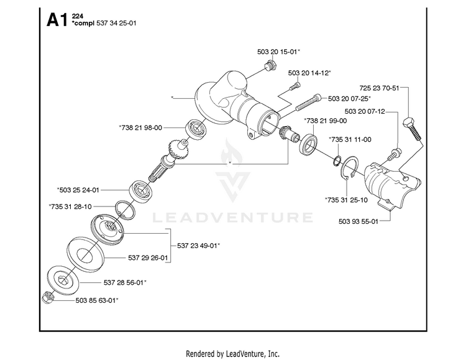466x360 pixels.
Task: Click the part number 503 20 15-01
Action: (x=278, y=52)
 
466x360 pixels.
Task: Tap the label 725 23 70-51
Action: (x=379, y=88)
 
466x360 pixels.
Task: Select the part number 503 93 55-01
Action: (x=359, y=221)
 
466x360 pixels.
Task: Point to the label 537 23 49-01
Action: (x=199, y=246)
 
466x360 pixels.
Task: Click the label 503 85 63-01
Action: (x=96, y=300)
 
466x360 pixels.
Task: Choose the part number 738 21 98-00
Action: (x=140, y=127)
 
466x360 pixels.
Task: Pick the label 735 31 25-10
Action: (x=346, y=200)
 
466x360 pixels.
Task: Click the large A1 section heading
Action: (x=57, y=21)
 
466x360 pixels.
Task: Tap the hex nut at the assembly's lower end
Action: (x=48, y=297)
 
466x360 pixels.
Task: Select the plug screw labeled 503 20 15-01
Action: (x=270, y=65)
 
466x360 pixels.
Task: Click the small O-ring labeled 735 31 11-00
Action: (x=337, y=160)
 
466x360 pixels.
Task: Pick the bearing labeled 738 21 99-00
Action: (x=309, y=144)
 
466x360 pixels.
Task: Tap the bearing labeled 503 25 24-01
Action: (x=141, y=190)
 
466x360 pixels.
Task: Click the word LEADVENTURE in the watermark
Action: (x=232, y=218)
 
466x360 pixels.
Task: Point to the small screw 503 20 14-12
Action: (x=295, y=86)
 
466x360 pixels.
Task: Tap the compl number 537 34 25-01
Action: (x=117, y=23)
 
